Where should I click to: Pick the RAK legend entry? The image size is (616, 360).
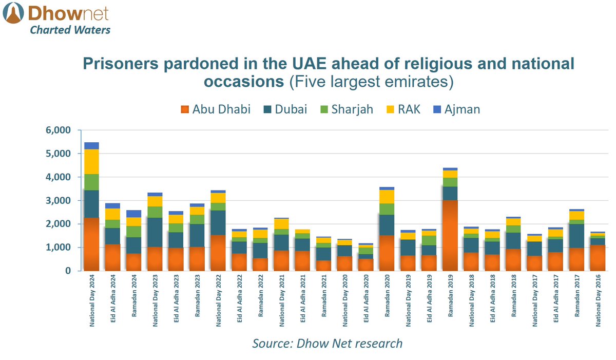tap(403, 109)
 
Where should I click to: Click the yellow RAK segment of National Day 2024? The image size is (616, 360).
tap(91, 162)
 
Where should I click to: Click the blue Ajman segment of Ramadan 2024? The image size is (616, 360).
tap(134, 214)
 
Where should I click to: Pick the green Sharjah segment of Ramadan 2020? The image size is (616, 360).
tap(387, 209)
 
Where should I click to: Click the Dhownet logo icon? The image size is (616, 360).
tap(14, 14)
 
